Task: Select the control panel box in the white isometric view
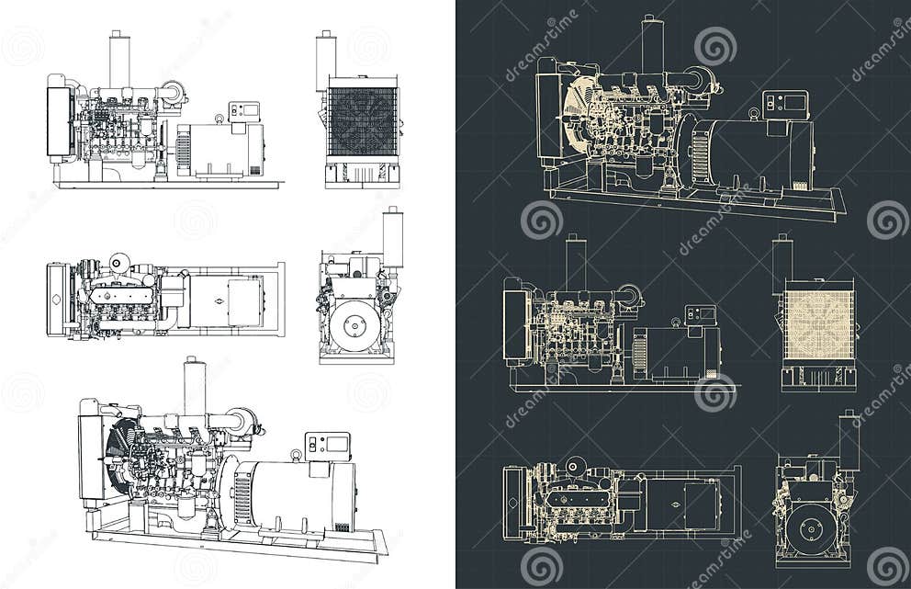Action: pos(328,446)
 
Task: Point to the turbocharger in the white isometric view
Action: pos(243,422)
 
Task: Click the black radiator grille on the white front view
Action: pos(363,120)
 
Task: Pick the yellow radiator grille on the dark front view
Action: pos(818,323)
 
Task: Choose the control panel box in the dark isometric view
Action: pos(785,105)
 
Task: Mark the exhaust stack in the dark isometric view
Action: pos(652,46)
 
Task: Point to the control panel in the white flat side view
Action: pos(244,112)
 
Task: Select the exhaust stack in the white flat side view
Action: pos(119,61)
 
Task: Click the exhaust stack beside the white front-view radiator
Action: pos(326,62)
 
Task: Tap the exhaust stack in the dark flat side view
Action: pos(576,265)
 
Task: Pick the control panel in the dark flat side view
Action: pos(701,315)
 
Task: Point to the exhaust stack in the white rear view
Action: pos(393,238)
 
